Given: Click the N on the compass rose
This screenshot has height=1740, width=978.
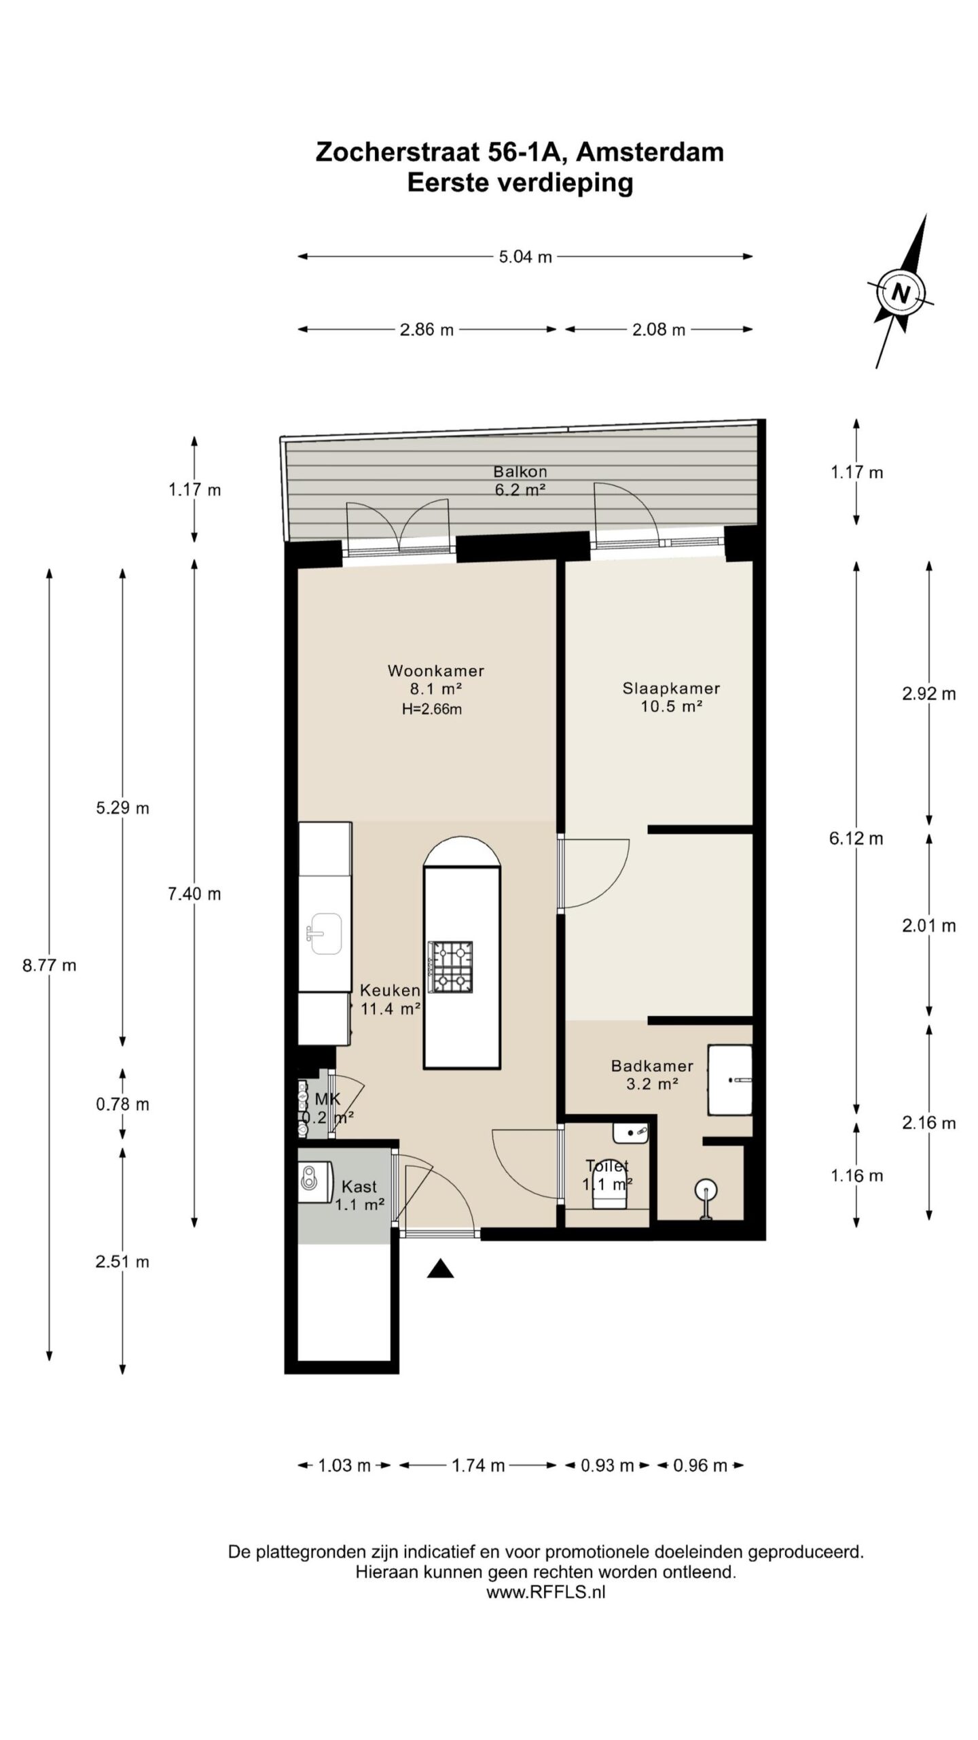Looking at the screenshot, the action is (x=901, y=294).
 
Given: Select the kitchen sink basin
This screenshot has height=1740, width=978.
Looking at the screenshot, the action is (x=325, y=933).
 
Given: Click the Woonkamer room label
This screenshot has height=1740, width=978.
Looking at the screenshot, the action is (x=435, y=671).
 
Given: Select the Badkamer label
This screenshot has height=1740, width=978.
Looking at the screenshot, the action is (x=652, y=1066).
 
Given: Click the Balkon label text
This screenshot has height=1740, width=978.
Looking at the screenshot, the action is (x=520, y=472).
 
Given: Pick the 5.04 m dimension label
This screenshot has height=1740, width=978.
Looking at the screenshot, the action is (x=525, y=257).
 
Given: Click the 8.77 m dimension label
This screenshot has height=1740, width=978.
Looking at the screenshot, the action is (x=50, y=965).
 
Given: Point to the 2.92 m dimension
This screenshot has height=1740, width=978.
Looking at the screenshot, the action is (x=928, y=694).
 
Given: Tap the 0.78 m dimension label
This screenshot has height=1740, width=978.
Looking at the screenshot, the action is (x=122, y=1104).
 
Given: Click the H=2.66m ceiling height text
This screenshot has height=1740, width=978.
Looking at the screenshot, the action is (x=432, y=710).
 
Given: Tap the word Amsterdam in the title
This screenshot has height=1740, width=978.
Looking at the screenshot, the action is (x=650, y=152).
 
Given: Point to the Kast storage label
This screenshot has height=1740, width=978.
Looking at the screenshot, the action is (x=359, y=1187).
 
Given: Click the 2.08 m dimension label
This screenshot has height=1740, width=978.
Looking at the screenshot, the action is (x=659, y=330).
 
